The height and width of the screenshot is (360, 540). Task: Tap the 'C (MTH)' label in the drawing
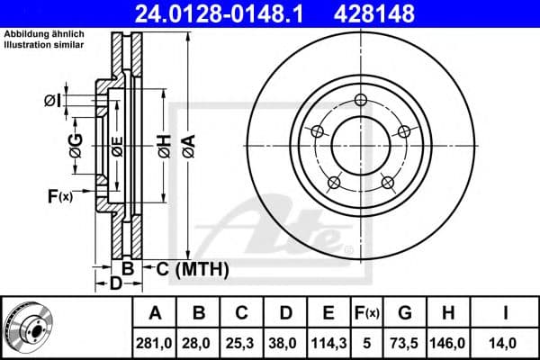click(x=193, y=268)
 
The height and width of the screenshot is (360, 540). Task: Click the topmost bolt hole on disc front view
click(x=361, y=100)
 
